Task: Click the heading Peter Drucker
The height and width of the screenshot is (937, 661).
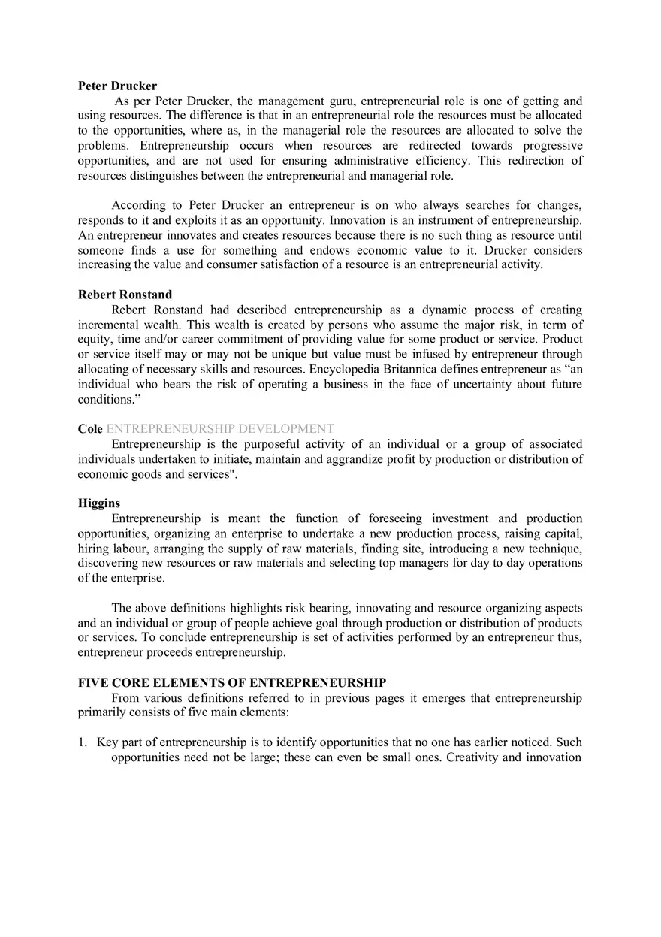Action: [117, 86]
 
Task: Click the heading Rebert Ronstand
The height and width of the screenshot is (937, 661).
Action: [125, 295]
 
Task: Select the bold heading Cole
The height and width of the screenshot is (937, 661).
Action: [90, 428]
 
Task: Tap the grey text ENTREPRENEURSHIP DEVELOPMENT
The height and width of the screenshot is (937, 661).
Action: [220, 428]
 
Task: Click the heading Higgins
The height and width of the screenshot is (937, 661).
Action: [98, 503]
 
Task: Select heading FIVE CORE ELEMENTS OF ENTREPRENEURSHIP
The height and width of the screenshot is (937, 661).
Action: [232, 683]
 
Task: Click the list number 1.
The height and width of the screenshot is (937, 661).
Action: [82, 742]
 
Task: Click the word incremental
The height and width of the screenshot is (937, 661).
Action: [108, 325]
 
